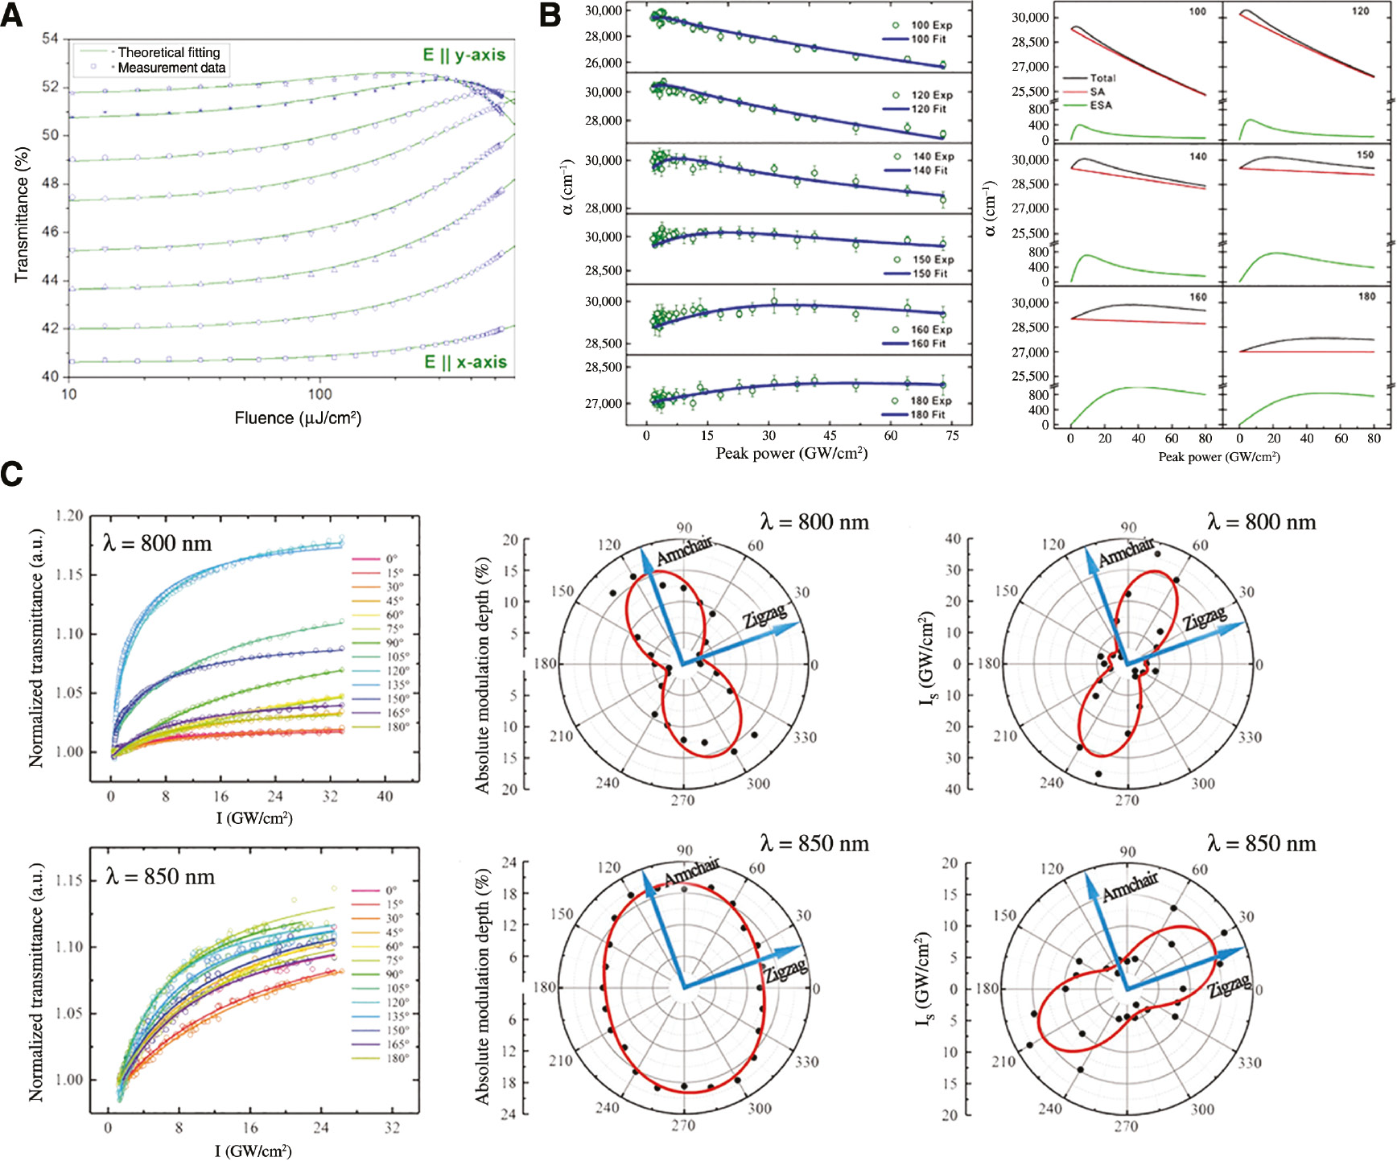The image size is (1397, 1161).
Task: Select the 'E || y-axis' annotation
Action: tap(464, 55)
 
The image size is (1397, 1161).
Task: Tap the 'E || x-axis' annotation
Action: tap(465, 362)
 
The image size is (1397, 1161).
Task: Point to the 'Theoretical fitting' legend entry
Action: tap(168, 52)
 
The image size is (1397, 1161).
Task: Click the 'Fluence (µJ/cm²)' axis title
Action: tap(298, 418)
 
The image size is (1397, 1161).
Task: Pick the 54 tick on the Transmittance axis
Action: tap(50, 39)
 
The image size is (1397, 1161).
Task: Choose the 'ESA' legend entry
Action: tap(1101, 105)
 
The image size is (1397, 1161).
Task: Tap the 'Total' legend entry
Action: tap(1102, 78)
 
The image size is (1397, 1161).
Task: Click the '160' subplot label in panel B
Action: tap(1197, 297)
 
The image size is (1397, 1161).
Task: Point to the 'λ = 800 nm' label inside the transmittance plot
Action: tap(157, 544)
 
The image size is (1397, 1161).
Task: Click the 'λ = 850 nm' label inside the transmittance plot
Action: tap(160, 876)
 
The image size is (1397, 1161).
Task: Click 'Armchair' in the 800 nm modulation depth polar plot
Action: tap(684, 551)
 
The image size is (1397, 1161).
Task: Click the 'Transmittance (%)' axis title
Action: tap(22, 214)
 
